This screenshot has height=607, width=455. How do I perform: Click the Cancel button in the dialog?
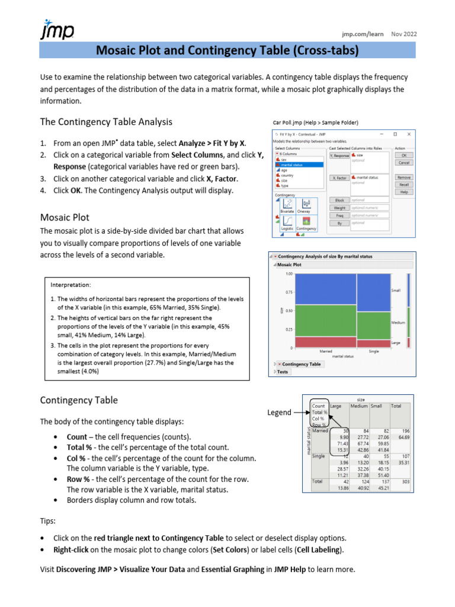coord(404,162)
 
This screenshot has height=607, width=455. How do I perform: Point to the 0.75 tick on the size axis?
coord(289,292)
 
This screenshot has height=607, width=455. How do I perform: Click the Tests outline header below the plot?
coord(283,372)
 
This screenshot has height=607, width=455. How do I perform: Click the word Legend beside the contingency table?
coord(279,413)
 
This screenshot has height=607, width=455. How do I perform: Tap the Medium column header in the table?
coord(358,406)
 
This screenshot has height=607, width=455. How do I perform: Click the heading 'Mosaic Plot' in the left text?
coord(65,217)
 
